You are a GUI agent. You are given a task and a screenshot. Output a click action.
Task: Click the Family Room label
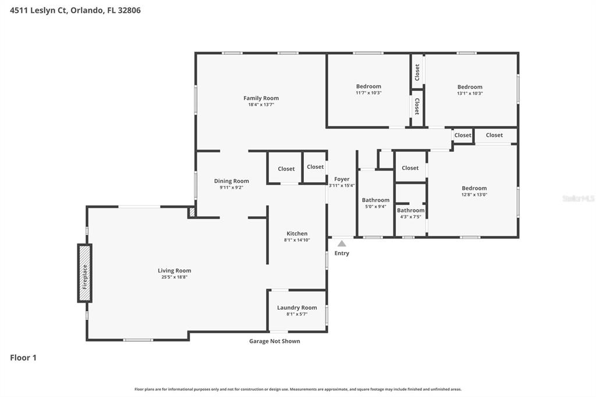(261, 98)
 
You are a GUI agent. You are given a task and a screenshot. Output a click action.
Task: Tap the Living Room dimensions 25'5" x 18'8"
(175, 277)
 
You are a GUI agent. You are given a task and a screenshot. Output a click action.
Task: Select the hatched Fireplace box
(85, 274)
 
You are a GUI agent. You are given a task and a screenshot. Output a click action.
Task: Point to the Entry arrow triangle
(342, 243)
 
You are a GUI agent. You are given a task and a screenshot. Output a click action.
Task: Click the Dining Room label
(232, 181)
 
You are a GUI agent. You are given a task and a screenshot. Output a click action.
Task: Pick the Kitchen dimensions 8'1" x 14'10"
(297, 240)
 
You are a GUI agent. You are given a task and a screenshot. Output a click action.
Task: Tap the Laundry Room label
(297, 307)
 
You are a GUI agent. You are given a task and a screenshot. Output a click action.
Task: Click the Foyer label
(342, 179)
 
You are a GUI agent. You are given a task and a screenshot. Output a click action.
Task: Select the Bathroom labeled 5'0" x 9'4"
(375, 200)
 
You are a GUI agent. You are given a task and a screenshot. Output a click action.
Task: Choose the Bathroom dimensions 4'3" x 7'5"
(410, 217)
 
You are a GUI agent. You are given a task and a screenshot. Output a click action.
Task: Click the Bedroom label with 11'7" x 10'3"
(368, 86)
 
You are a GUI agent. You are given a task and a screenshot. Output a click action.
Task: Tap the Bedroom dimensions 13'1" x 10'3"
(470, 93)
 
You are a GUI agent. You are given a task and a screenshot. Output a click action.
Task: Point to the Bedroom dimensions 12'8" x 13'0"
(474, 194)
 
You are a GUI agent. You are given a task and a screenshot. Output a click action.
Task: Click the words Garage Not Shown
(275, 341)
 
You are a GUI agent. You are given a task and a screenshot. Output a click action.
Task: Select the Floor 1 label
(23, 357)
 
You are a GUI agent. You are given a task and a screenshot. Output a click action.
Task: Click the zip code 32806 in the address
(129, 10)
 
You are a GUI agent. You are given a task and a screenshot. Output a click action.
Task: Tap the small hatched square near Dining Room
(192, 212)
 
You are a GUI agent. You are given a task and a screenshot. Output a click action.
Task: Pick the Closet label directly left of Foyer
(315, 166)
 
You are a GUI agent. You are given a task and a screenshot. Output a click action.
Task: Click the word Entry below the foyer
(342, 253)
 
